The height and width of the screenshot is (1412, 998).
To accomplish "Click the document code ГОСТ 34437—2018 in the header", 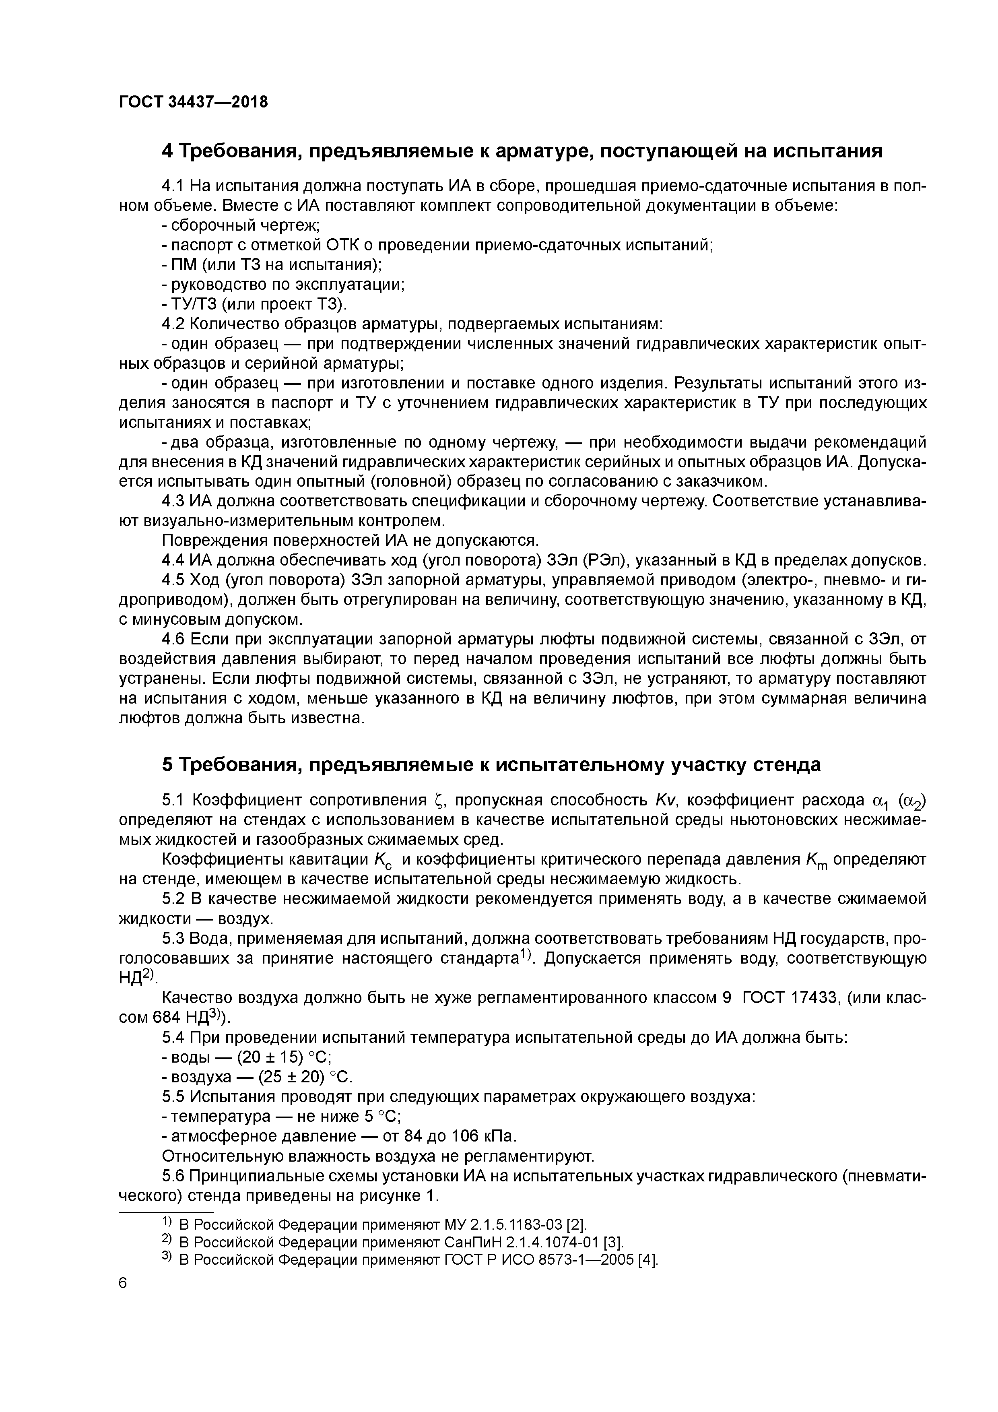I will pos(193,102).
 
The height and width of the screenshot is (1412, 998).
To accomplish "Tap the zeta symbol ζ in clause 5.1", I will pos(438,800).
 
